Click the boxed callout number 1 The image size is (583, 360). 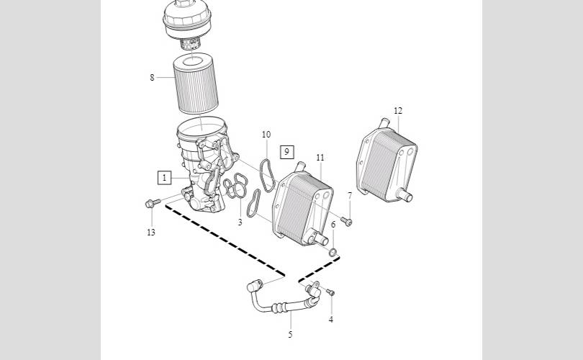164,178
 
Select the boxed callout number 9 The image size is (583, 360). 286,152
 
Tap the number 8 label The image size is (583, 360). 152,77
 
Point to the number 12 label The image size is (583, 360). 398,110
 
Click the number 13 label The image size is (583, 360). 150,233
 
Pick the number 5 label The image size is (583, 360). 290,334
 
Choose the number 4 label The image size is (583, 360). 330,319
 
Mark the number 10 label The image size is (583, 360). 266,134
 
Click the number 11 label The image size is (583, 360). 320,158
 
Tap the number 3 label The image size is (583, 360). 240,222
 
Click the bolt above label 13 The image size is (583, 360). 153,203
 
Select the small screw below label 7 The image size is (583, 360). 346,221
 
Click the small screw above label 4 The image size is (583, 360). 330,292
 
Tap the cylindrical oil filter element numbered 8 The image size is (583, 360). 196,84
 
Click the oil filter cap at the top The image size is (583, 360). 187,20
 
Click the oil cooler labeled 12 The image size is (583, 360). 387,161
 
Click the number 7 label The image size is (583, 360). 350,196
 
